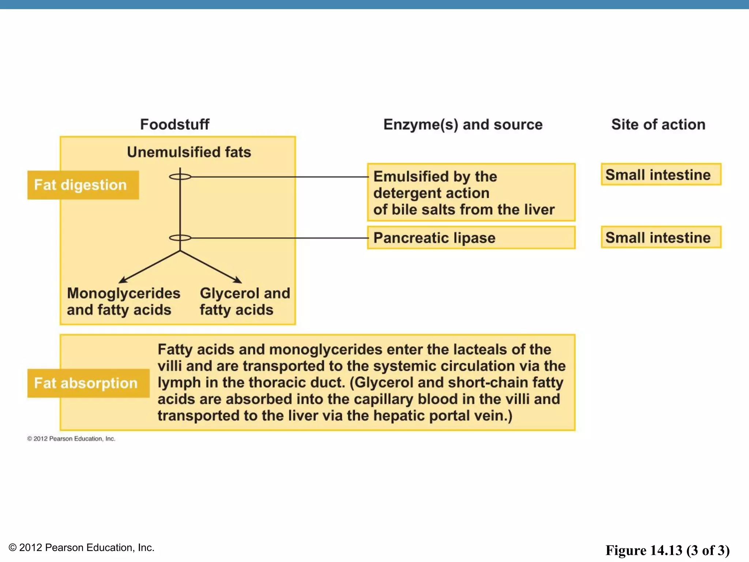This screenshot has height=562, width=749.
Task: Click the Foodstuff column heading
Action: click(175, 124)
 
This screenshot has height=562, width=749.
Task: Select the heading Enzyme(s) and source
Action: click(463, 125)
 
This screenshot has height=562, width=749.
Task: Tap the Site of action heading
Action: click(658, 124)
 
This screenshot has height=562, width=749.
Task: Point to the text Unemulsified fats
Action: click(189, 152)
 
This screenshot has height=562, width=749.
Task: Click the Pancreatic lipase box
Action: click(471, 238)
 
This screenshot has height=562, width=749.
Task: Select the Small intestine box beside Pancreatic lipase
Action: click(661, 237)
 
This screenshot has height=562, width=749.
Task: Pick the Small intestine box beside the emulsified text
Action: click(661, 175)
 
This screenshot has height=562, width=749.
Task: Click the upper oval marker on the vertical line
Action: click(180, 177)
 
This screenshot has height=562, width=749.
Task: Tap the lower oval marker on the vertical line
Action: click(180, 238)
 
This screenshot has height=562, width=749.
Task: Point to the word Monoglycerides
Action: click(124, 293)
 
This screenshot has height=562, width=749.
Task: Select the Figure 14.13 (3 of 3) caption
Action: click(667, 550)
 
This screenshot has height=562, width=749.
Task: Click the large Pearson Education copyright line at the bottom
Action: click(81, 547)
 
